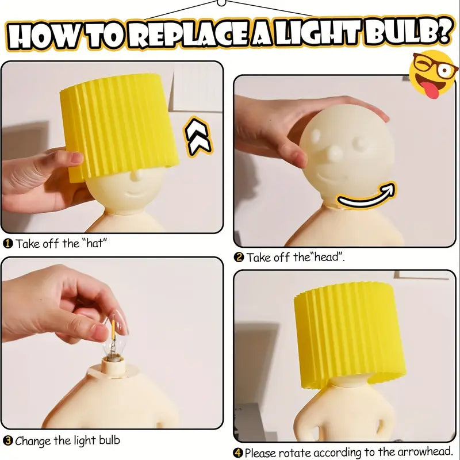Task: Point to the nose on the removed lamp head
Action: point(333,153)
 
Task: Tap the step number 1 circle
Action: point(8,244)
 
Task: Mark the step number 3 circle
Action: point(7,441)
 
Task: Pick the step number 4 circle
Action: point(239,453)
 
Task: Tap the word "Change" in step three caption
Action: point(33,441)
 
